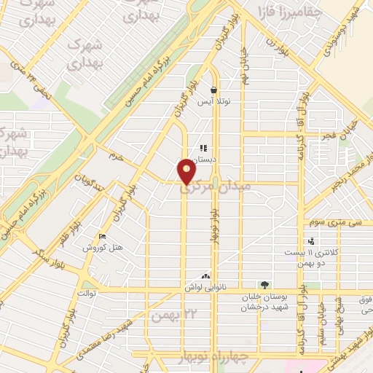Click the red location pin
pos(188,172)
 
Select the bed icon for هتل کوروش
pos(102,237)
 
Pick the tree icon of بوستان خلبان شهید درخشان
pos(264,285)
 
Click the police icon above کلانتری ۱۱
pos(310,241)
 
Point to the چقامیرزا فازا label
pos(286,12)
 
